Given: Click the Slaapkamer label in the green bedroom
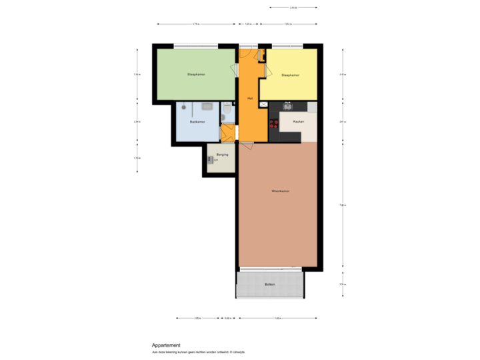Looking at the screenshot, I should pyautogui.click(x=196, y=74).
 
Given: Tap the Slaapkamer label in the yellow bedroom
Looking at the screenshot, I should pyautogui.click(x=290, y=75).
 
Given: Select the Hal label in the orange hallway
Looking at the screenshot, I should pyautogui.click(x=250, y=98).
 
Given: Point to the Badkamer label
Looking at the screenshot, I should pyautogui.click(x=197, y=122).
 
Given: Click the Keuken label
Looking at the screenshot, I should pyautogui.click(x=299, y=121).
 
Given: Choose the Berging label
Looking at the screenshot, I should pyautogui.click(x=222, y=155).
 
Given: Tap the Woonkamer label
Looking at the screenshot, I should pyautogui.click(x=280, y=191).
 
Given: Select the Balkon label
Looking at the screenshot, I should pyautogui.click(x=269, y=285).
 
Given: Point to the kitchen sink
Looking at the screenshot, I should pyautogui.click(x=288, y=105).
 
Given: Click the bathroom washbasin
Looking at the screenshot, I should pyautogui.click(x=207, y=106).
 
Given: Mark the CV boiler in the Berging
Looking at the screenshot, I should pyautogui.click(x=211, y=159).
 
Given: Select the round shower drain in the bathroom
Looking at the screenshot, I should pyautogui.click(x=183, y=107).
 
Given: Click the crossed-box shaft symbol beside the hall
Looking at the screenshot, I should pyautogui.click(x=263, y=105).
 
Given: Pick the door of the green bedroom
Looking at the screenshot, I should pyautogui.click(x=235, y=69).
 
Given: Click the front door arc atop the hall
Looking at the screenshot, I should pyautogui.click(x=246, y=53).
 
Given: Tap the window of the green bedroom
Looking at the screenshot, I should pyautogui.click(x=196, y=46).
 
